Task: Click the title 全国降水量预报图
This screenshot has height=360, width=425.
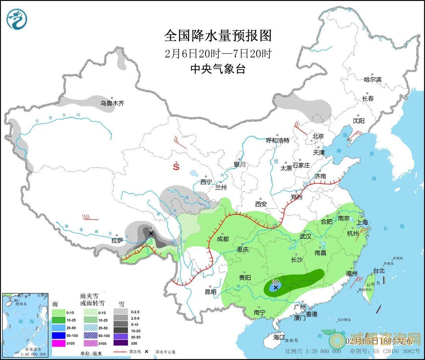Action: click(218, 36)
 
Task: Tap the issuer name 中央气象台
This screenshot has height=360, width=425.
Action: click(218, 69)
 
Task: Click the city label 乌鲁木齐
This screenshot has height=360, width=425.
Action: click(112, 103)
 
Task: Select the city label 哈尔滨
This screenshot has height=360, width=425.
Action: click(373, 79)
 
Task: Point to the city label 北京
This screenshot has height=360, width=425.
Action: click(318, 136)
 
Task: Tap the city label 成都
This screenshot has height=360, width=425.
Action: click(222, 239)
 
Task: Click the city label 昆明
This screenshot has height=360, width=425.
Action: click(211, 292)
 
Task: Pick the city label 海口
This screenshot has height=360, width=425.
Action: click(279, 337)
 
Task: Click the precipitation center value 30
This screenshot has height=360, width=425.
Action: click(275, 282)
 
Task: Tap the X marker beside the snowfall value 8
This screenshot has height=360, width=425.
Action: click(151, 234)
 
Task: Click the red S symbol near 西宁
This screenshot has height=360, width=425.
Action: click(176, 167)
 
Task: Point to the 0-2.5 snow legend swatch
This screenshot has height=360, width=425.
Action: click(121, 312)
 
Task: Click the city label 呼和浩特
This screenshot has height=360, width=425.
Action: click(277, 140)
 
